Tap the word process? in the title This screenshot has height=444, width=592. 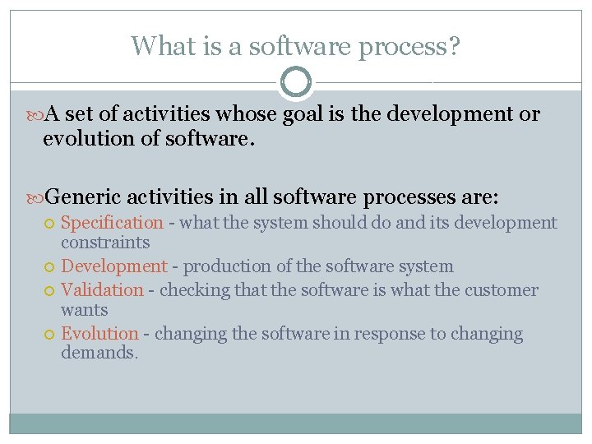415,48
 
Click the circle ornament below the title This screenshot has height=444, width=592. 296,82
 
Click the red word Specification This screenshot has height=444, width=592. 113,223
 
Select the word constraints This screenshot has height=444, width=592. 105,243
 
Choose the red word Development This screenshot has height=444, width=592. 114,266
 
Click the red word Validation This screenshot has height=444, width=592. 102,290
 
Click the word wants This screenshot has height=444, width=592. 84,310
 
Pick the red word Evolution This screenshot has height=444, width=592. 99,334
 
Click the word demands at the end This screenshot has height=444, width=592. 96,354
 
